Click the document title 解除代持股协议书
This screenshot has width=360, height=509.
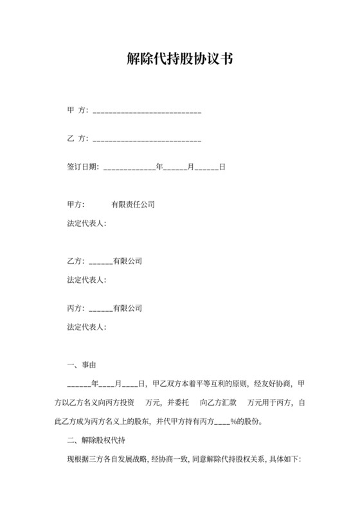pyautogui.click(x=179, y=60)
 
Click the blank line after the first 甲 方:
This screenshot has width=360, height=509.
pyautogui.click(x=148, y=111)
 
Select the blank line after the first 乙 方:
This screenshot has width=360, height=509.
pyautogui.click(x=148, y=139)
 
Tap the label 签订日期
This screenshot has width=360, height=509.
pyautogui.click(x=82, y=166)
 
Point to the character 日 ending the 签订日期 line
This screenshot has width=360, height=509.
pyautogui.click(x=222, y=166)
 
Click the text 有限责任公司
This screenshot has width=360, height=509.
pyautogui.click(x=133, y=204)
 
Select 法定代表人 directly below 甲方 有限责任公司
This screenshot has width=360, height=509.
pyautogui.click(x=86, y=223)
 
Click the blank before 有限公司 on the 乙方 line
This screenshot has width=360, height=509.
pyautogui.click(x=100, y=262)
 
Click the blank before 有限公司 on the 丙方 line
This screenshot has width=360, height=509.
pyautogui.click(x=100, y=308)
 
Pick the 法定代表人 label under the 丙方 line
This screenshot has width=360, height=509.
pyautogui.click(x=86, y=326)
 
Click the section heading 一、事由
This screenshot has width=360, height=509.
pyautogui.click(x=82, y=365)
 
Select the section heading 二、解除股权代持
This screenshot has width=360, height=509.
pyautogui.click(x=96, y=440)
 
